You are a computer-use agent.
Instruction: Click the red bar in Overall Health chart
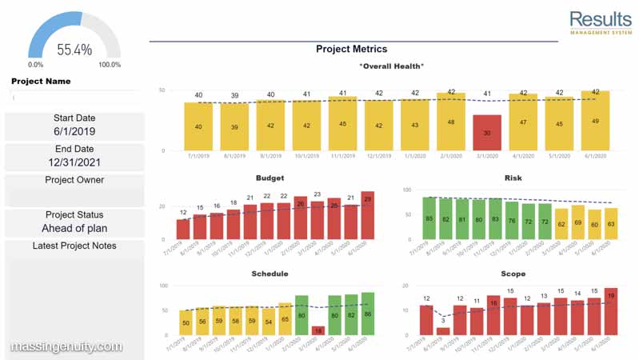point(487,133)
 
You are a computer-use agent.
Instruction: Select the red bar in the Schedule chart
point(318,330)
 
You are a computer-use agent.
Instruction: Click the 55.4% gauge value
point(74,50)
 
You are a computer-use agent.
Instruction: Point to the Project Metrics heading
point(351,49)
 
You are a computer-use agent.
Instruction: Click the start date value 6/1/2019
point(74,131)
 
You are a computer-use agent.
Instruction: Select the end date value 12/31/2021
point(74,162)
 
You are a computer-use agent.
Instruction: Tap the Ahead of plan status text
point(74,228)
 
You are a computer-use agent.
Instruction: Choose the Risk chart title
point(513,178)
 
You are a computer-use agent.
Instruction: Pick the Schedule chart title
point(270,274)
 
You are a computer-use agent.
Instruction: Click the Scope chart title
point(513,274)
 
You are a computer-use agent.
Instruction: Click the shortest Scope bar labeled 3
point(443,330)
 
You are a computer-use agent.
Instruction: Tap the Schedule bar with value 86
point(367,314)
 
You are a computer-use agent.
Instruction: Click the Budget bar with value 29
point(367,216)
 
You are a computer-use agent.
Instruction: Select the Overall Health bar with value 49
point(595,121)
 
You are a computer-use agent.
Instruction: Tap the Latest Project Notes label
point(74,246)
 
